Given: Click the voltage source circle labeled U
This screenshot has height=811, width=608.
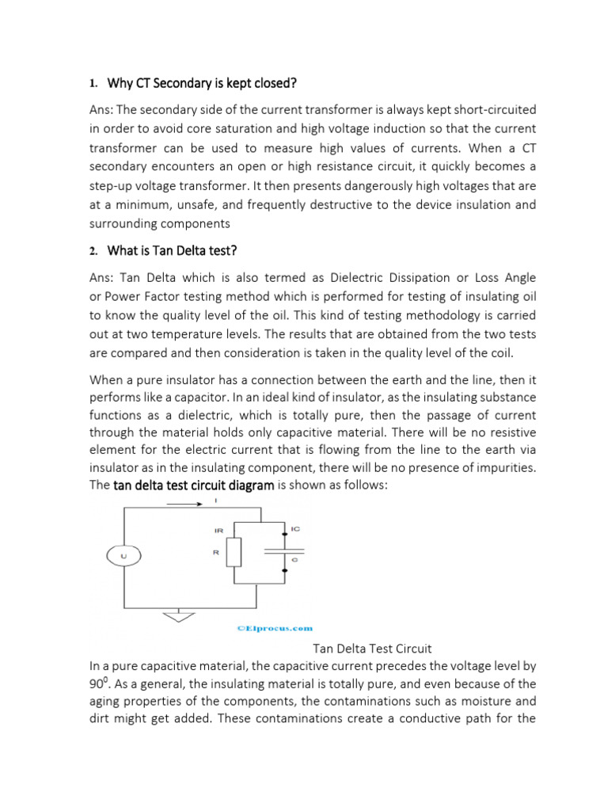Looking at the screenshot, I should pyautogui.click(x=122, y=558).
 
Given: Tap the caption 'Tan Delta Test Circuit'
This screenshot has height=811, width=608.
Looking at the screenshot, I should pyautogui.click(x=372, y=648).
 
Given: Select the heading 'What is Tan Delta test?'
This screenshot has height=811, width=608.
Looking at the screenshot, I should pyautogui.click(x=172, y=251).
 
